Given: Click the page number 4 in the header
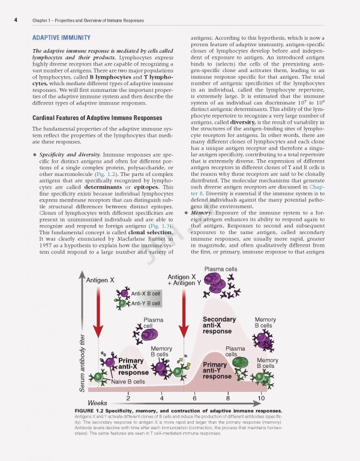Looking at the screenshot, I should click(x=14, y=22).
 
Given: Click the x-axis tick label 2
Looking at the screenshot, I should click(x=128, y=397).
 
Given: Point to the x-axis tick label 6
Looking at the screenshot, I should click(x=194, y=397).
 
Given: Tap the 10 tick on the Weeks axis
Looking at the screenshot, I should click(x=261, y=397).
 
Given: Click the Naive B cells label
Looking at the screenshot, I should click(x=128, y=381).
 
